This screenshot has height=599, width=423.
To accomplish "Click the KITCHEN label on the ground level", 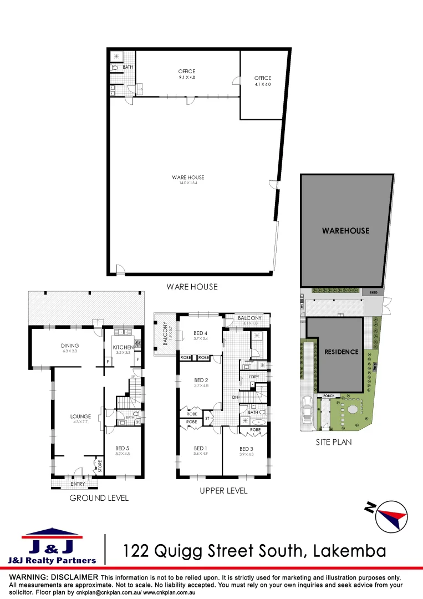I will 123,347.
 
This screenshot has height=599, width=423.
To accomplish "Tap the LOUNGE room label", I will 80,417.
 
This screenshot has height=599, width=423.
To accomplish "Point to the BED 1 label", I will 200,448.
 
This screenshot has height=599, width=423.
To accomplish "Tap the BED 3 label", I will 246,449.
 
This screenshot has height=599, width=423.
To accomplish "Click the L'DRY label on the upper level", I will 254,377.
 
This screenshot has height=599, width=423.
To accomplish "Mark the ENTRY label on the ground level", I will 78,484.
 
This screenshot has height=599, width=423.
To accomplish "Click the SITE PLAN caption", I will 334,442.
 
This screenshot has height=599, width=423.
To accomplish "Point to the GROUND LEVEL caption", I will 99,498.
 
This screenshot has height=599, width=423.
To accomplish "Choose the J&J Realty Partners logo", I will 52,546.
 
